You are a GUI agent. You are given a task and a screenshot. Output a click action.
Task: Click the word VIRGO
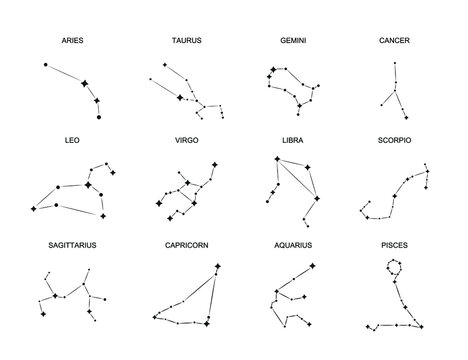tap(187, 141)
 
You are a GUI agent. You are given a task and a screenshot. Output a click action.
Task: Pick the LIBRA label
tap(292, 141)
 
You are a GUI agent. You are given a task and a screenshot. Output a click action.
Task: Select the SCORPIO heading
tap(395, 141)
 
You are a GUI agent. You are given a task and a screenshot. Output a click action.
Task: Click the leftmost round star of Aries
tap(47, 65)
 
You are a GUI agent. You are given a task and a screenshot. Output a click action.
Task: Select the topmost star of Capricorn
tap(218, 266)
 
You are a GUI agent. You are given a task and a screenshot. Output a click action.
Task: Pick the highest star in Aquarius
tap(314, 266)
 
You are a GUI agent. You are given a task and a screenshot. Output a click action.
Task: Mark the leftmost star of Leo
tap(33, 208)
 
